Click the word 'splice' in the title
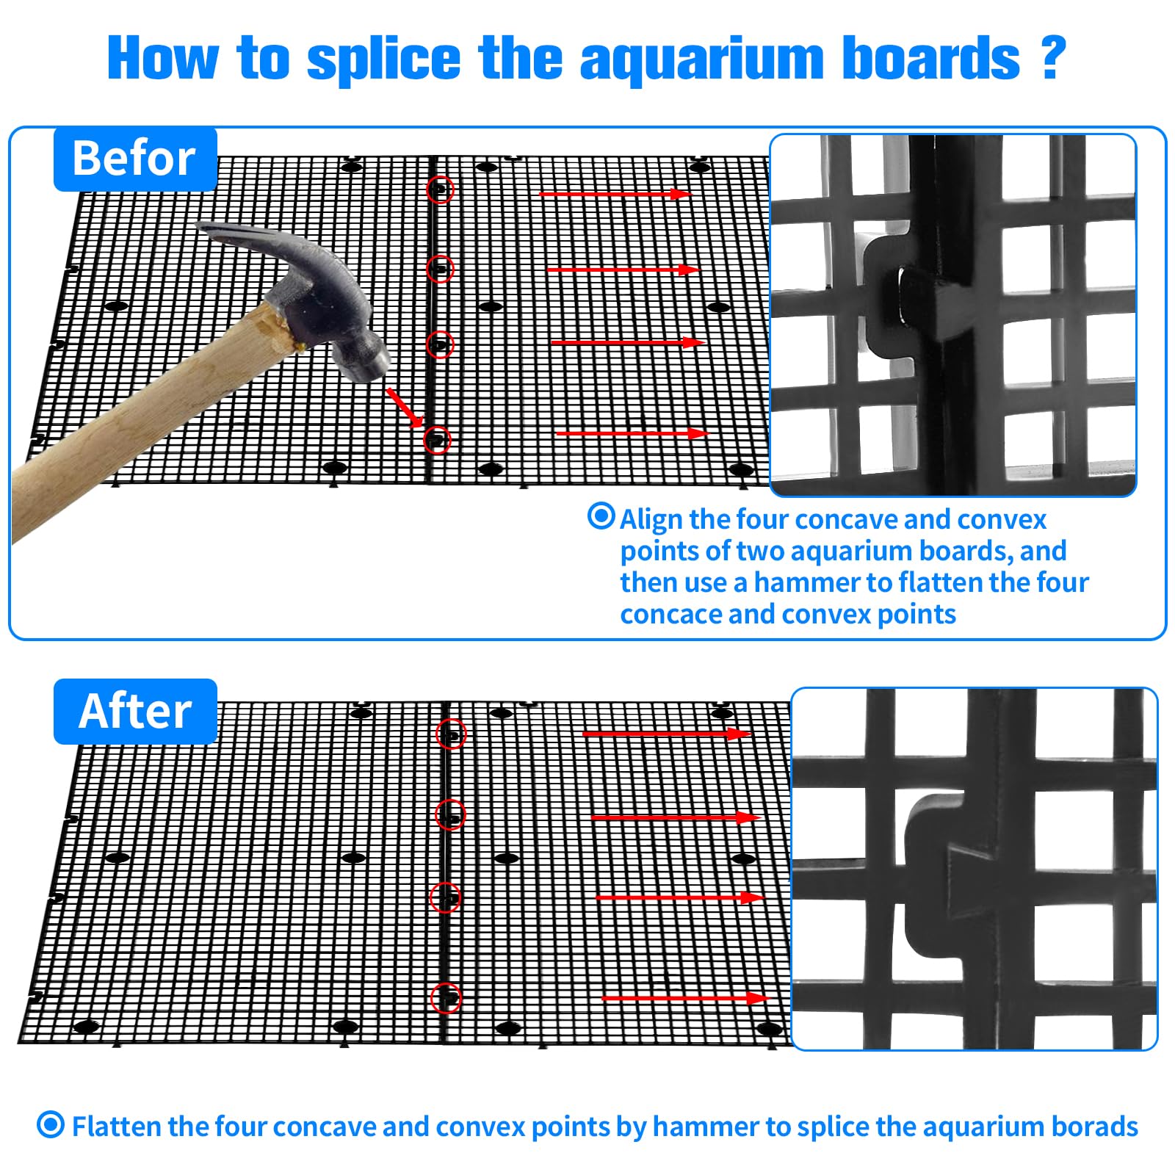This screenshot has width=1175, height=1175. tap(383, 59)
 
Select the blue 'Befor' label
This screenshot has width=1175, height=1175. tap(135, 159)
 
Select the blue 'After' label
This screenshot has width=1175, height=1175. tap(135, 711)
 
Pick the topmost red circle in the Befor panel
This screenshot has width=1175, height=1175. tap(440, 189)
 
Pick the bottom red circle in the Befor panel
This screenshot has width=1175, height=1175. tap(437, 440)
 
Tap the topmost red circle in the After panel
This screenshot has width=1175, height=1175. tap(451, 734)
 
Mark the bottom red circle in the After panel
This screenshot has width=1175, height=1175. tap(446, 998)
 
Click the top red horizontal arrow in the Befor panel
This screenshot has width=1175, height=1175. tap(615, 194)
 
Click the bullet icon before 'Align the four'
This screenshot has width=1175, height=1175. tap(601, 516)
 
